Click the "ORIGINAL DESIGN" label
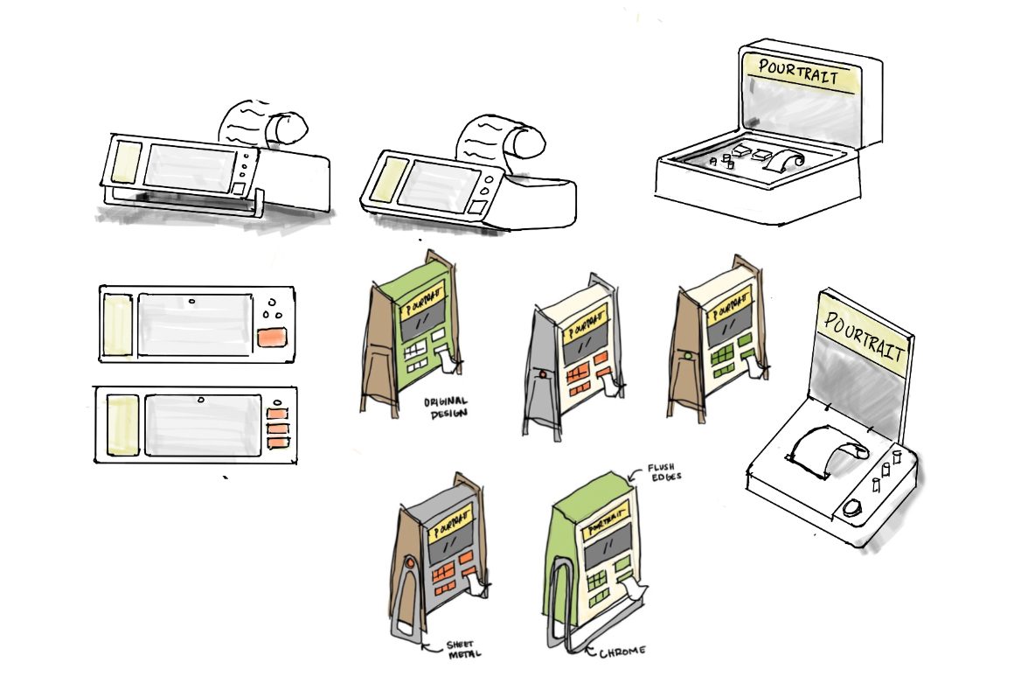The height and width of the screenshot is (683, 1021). tap(445, 408)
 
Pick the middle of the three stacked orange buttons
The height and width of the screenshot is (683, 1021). tap(277, 429)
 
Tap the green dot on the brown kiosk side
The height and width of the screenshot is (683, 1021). tap(689, 356)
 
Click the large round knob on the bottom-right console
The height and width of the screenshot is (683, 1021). tap(853, 508)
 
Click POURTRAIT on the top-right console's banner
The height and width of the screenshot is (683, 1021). tap(796, 73)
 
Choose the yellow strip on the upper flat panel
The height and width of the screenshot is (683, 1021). tap(117, 324)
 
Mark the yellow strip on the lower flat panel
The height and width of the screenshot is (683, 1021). tap(122, 425)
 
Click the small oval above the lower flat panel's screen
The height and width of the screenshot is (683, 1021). tap(201, 401)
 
